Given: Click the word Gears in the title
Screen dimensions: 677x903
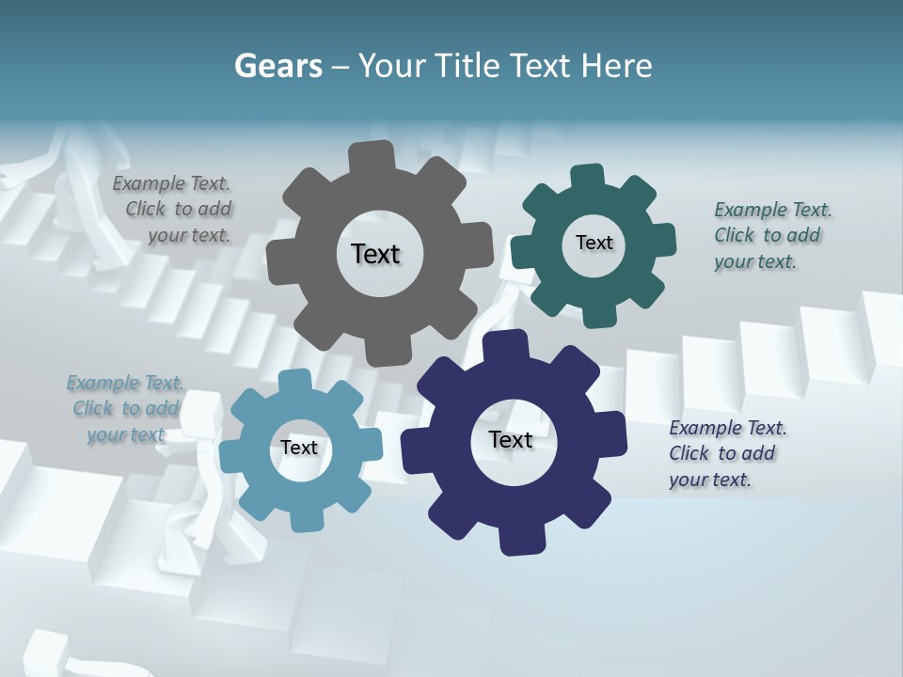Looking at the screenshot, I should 277,66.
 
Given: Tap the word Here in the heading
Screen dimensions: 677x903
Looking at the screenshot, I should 617,66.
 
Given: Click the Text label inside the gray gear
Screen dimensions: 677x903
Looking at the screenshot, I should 375,254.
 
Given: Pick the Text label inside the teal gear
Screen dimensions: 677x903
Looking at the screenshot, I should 594,243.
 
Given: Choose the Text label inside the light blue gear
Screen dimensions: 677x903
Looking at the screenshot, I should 299,448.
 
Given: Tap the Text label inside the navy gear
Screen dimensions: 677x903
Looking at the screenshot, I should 511,440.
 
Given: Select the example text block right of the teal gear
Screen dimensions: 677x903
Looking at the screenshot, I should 769,236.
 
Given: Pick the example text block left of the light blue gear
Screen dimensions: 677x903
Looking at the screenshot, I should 126,408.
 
